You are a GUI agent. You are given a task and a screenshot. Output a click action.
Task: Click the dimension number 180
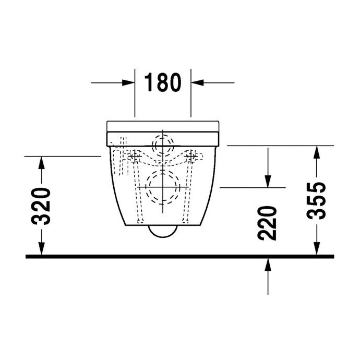click(x=163, y=82)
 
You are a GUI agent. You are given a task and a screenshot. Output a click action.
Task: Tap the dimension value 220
click(x=267, y=223)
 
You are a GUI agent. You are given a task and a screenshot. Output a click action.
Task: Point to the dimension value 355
click(x=316, y=201)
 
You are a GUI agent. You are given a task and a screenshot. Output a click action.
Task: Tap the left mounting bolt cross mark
click(x=135, y=156)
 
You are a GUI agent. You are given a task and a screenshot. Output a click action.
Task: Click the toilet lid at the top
click(x=163, y=126)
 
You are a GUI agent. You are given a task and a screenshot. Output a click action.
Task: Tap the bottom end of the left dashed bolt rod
click(x=140, y=222)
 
